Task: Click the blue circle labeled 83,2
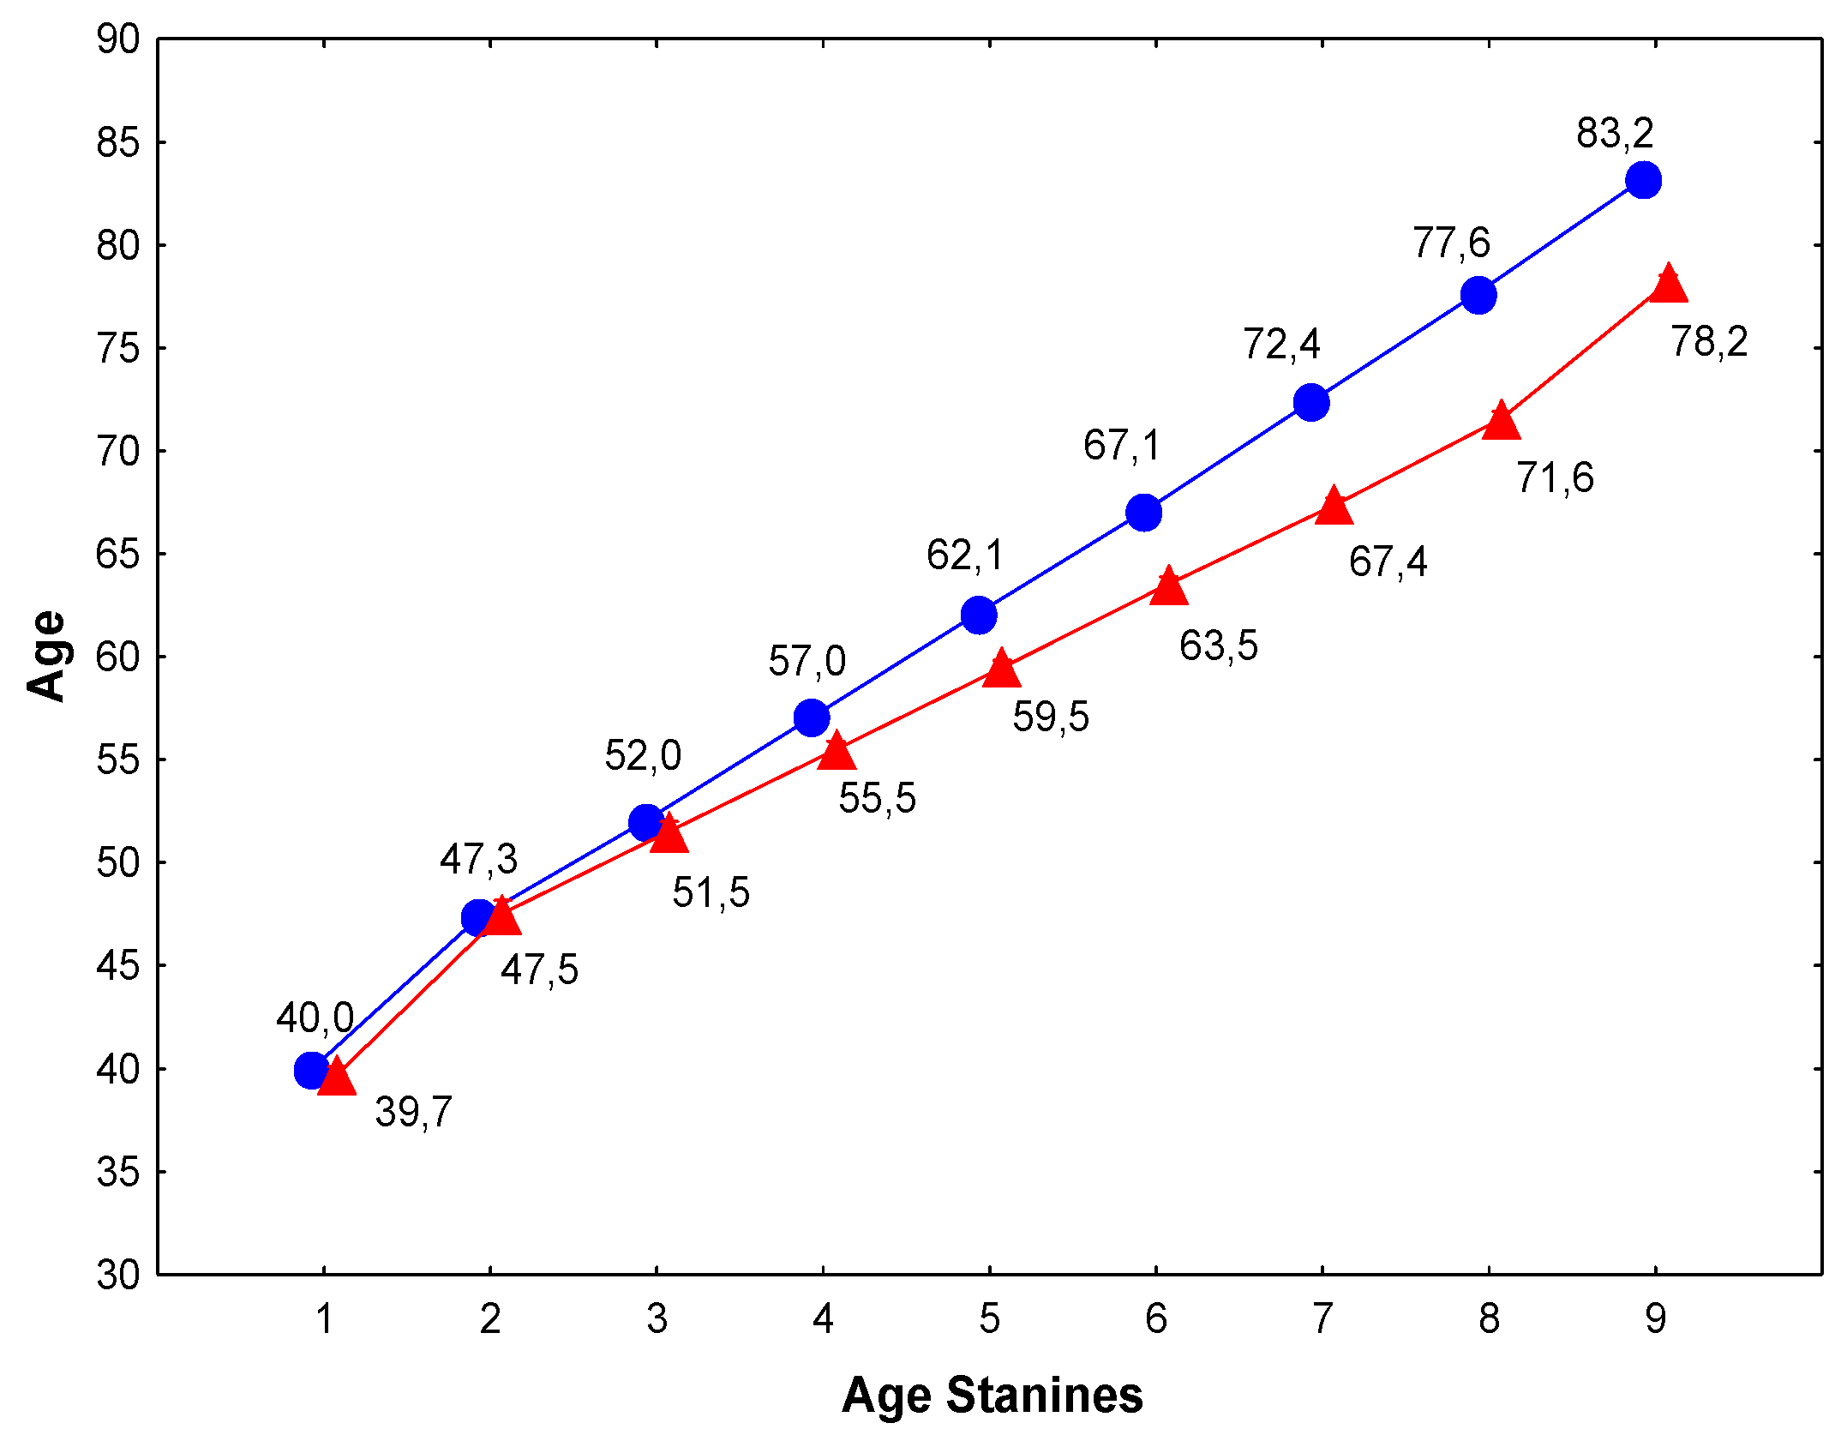tap(1643, 180)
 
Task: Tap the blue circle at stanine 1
tap(311, 1070)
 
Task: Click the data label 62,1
tap(964, 555)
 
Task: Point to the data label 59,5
tap(1051, 717)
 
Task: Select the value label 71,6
tap(1555, 477)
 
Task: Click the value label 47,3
tap(478, 859)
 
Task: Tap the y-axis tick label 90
tap(117, 39)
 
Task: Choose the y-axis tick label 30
tap(117, 1275)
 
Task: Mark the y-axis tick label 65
tap(117, 554)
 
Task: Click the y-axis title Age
tap(46, 656)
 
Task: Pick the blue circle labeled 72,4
tap(1311, 402)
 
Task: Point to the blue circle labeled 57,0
tap(812, 717)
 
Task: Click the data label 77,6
tap(1451, 243)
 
